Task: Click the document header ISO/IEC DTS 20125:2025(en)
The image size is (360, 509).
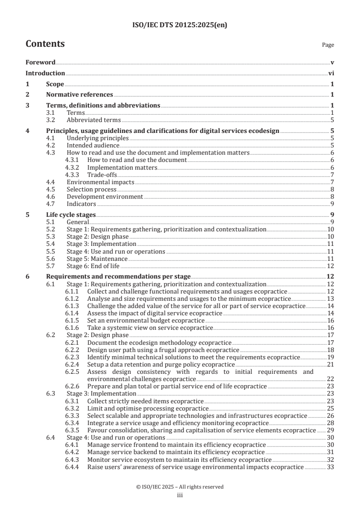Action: [180, 25]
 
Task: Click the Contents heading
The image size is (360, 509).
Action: [45, 44]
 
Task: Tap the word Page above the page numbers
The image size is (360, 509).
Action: [328, 45]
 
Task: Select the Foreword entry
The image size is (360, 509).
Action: [40, 62]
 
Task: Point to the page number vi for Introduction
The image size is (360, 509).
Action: [331, 73]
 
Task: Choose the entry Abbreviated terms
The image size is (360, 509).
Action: [94, 120]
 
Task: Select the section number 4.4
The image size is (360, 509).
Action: [52, 182]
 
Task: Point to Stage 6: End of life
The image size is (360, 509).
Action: [93, 266]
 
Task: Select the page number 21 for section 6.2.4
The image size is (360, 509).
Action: [330, 364]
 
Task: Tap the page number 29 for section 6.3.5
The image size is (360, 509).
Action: [330, 430]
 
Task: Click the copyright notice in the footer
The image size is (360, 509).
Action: [180, 487]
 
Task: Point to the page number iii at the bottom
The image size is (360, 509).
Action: [180, 495]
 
